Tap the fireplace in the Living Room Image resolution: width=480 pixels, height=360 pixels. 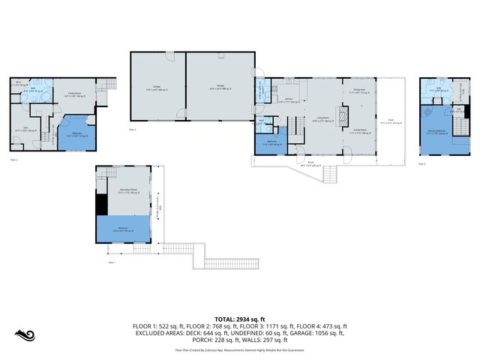[x=342, y=118]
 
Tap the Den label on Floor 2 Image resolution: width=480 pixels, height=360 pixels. [x=25, y=129]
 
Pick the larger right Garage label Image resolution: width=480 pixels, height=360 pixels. [x=221, y=88]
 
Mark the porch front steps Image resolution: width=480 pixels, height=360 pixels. [x=330, y=175]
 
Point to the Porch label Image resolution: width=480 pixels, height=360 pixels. [x=310, y=163]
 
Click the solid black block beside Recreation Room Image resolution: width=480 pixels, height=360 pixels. [x=100, y=202]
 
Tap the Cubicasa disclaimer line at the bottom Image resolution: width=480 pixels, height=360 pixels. [x=239, y=350]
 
